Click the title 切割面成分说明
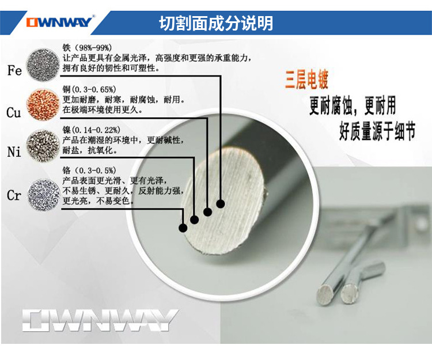click(216, 23)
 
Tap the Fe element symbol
click(14, 71)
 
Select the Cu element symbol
click(14, 112)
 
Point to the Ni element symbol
click(14, 152)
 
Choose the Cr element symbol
click(14, 195)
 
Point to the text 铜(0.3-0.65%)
click(89, 89)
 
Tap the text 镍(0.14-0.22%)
click(91, 130)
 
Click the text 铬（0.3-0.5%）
click(89, 170)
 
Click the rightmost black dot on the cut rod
click(221, 203)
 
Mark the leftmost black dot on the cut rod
click(183, 228)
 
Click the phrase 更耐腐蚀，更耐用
click(353, 106)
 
